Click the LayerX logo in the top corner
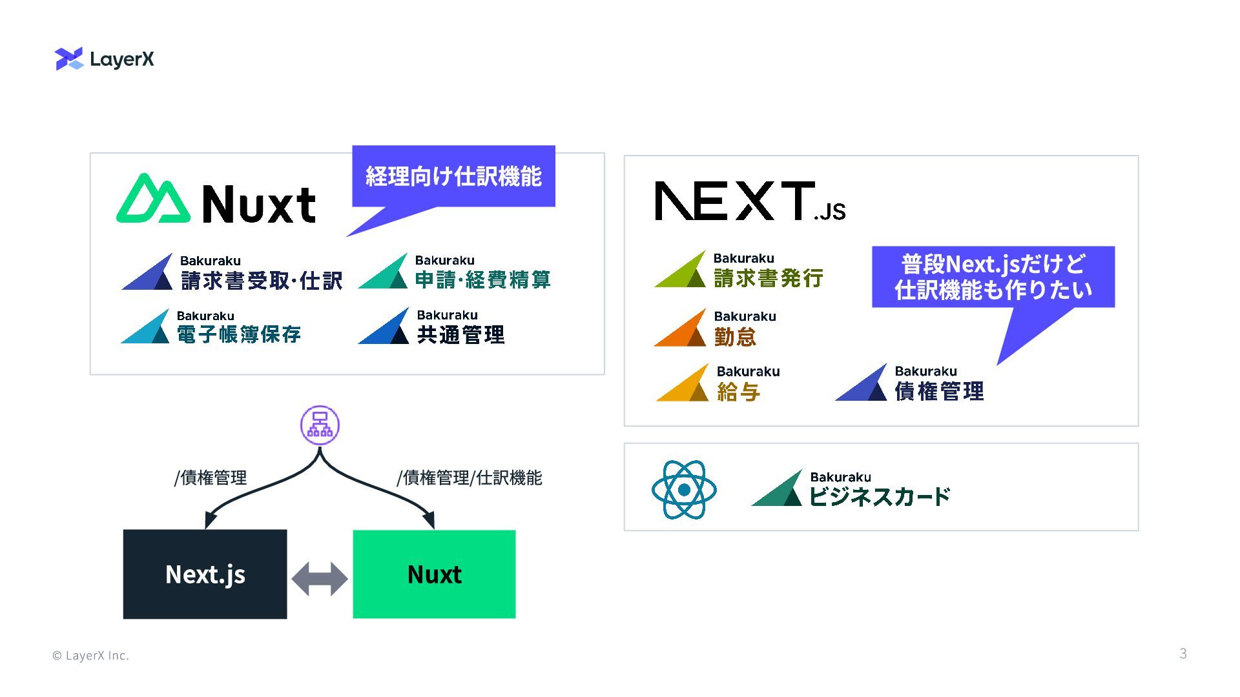(105, 59)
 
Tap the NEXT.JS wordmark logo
(749, 201)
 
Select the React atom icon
(684, 490)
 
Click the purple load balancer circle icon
(320, 425)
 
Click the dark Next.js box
(205, 574)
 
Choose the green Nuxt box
(434, 574)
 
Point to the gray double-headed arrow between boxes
(320, 578)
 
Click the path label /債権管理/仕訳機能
(470, 478)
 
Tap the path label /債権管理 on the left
(211, 478)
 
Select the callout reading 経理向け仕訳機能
(453, 176)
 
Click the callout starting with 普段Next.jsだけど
(993, 277)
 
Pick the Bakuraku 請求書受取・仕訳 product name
(261, 280)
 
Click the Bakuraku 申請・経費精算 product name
(482, 279)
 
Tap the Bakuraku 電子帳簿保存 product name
(238, 334)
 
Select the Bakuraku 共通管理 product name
(460, 334)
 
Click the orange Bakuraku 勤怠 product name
(735, 336)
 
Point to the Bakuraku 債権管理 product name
(939, 390)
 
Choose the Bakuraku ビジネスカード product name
(879, 496)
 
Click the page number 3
(1183, 654)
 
